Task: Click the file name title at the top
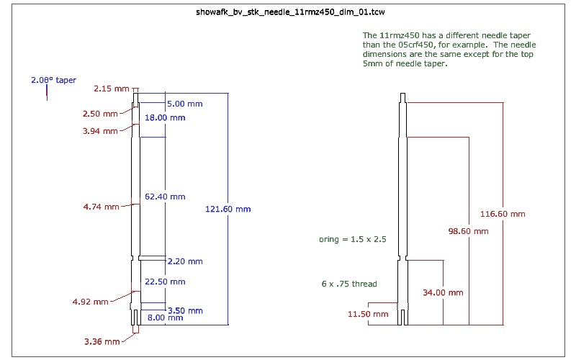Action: (290, 12)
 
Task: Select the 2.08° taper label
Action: (53, 80)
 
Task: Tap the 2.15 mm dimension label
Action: (112, 89)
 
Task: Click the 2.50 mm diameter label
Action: (100, 114)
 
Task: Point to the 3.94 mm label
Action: (100, 131)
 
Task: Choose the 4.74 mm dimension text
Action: (101, 207)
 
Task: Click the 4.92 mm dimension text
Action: (91, 302)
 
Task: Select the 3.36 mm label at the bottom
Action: (102, 341)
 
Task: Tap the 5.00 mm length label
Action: (185, 104)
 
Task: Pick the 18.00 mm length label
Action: (165, 118)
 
